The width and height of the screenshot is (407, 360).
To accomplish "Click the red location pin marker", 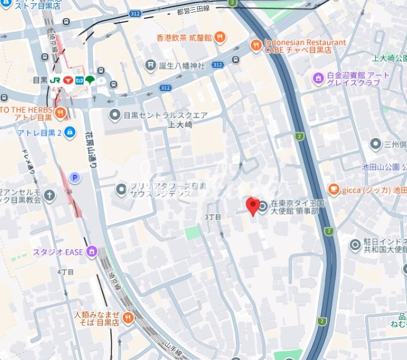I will pos(252,206).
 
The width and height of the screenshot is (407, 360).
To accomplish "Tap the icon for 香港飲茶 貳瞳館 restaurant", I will pos(219,37).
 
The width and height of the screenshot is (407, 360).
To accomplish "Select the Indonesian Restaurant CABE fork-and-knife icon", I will pos(256,45).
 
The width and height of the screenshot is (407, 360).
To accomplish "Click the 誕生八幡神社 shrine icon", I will pos(151,65).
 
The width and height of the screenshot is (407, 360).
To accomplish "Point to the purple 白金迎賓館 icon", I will pos(318,79).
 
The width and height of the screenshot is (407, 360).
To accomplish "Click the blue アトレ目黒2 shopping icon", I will pos(70,132).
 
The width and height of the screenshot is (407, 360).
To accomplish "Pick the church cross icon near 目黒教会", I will pos(50,195).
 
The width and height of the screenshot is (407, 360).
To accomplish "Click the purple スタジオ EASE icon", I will pos(91,252).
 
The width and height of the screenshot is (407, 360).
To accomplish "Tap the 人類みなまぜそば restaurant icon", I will pos(128,318).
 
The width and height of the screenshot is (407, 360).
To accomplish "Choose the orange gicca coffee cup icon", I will pos(333,190).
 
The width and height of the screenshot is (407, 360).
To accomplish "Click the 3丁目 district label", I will pos(213,217).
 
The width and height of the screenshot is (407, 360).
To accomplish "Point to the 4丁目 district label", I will pos(65,272).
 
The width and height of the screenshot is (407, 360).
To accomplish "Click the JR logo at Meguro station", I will pos(55,80).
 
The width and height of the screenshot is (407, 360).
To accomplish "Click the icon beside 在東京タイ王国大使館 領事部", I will pos(263,207).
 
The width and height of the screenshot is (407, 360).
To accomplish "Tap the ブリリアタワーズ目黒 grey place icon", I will pos(122,190).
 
